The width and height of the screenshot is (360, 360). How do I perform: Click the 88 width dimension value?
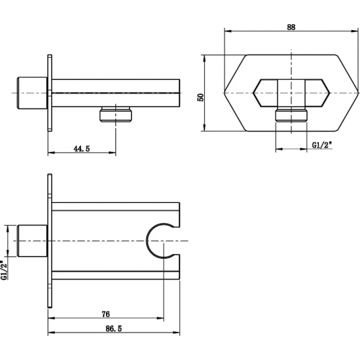coord(291,27)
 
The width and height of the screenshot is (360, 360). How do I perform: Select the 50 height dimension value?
coord(200,98)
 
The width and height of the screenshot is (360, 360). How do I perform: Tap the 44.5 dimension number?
coord(82,149)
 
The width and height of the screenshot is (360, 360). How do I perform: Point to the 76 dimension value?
coord(105,314)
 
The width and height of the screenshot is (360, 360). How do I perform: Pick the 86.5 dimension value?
coord(114,329)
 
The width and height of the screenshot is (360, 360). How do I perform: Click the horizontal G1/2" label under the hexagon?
coord(322,145)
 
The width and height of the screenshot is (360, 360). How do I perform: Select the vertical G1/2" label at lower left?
coord(4,270)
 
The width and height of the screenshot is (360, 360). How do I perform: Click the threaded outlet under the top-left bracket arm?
coord(116,114)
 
